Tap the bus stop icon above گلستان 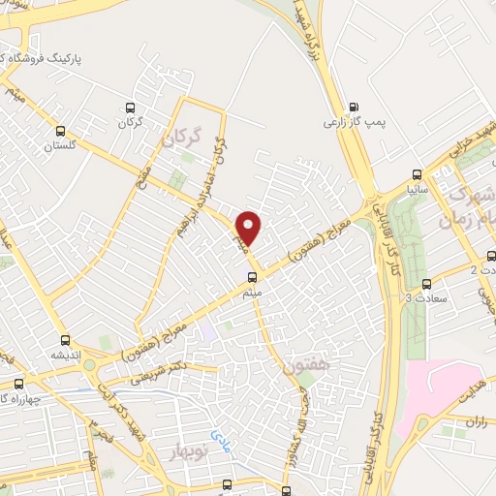point(61,131)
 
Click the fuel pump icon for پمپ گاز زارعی point(352,108)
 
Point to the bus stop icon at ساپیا point(417,175)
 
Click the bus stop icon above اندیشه point(65,339)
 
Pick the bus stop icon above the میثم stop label point(253,277)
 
